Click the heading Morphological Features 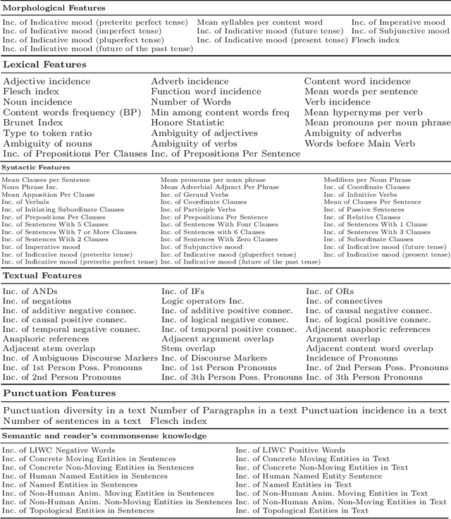(54, 8)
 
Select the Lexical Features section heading (44, 64)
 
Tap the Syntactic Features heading (35, 167)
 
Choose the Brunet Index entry (32, 123)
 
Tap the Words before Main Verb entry (355, 144)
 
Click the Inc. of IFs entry (185, 291)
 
